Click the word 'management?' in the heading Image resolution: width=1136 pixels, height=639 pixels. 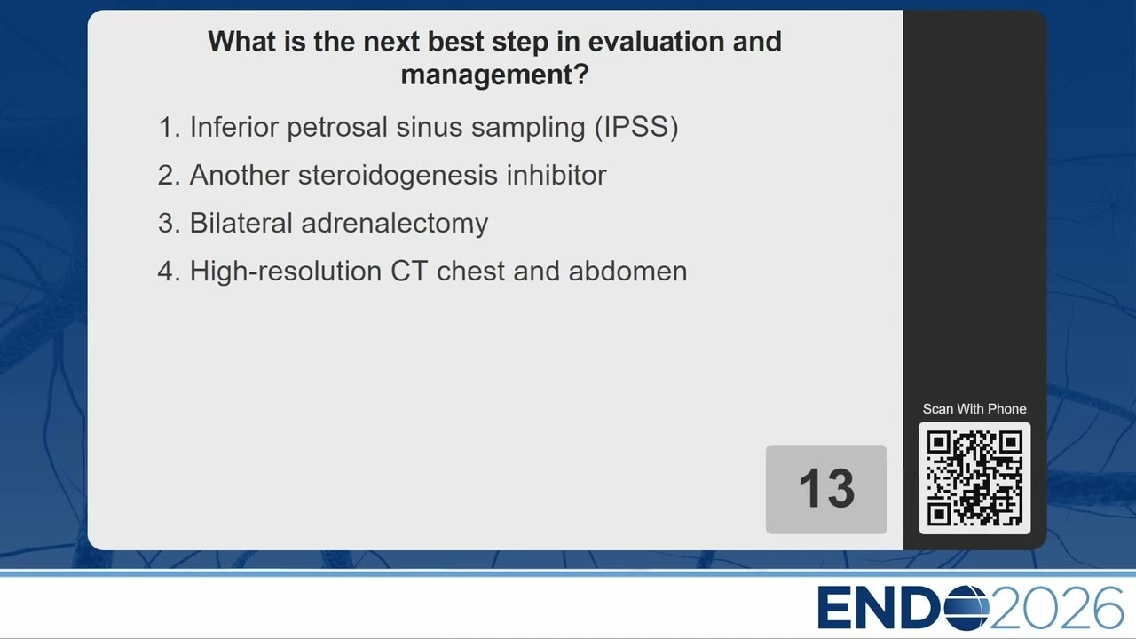[494, 75]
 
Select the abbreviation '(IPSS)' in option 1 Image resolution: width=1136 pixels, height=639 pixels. [636, 127]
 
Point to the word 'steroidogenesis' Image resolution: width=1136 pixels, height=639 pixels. [398, 175]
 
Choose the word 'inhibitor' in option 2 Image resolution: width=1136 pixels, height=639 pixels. [556, 175]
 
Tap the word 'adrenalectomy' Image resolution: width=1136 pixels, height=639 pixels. [395, 224]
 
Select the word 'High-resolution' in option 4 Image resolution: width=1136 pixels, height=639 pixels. [286, 272]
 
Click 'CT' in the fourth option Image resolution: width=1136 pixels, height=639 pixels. [409, 272]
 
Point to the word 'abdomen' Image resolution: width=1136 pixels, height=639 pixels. [627, 272]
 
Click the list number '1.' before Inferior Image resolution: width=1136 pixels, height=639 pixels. [170, 127]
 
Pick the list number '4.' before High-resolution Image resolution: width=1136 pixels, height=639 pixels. [169, 272]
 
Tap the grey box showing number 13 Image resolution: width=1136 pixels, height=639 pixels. [826, 489]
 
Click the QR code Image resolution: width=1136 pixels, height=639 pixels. [974, 478]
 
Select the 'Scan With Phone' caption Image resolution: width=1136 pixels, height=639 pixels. [974, 409]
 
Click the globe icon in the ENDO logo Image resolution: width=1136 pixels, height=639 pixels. [966, 608]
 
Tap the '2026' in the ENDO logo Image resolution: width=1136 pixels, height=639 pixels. [1056, 608]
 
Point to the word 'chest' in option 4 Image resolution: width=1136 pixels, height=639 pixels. [470, 272]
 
